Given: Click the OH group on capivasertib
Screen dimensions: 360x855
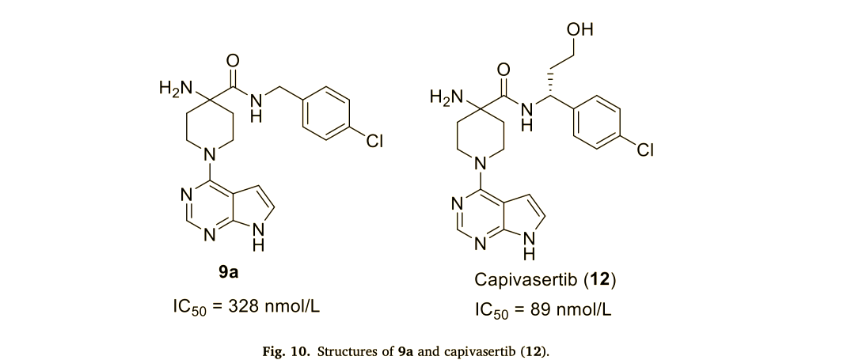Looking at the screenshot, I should [x=580, y=30].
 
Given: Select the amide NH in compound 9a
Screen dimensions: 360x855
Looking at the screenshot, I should [x=255, y=104].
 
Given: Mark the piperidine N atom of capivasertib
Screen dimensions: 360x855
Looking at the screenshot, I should [x=480, y=164].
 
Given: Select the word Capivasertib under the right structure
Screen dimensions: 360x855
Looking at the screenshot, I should [x=515, y=281].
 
